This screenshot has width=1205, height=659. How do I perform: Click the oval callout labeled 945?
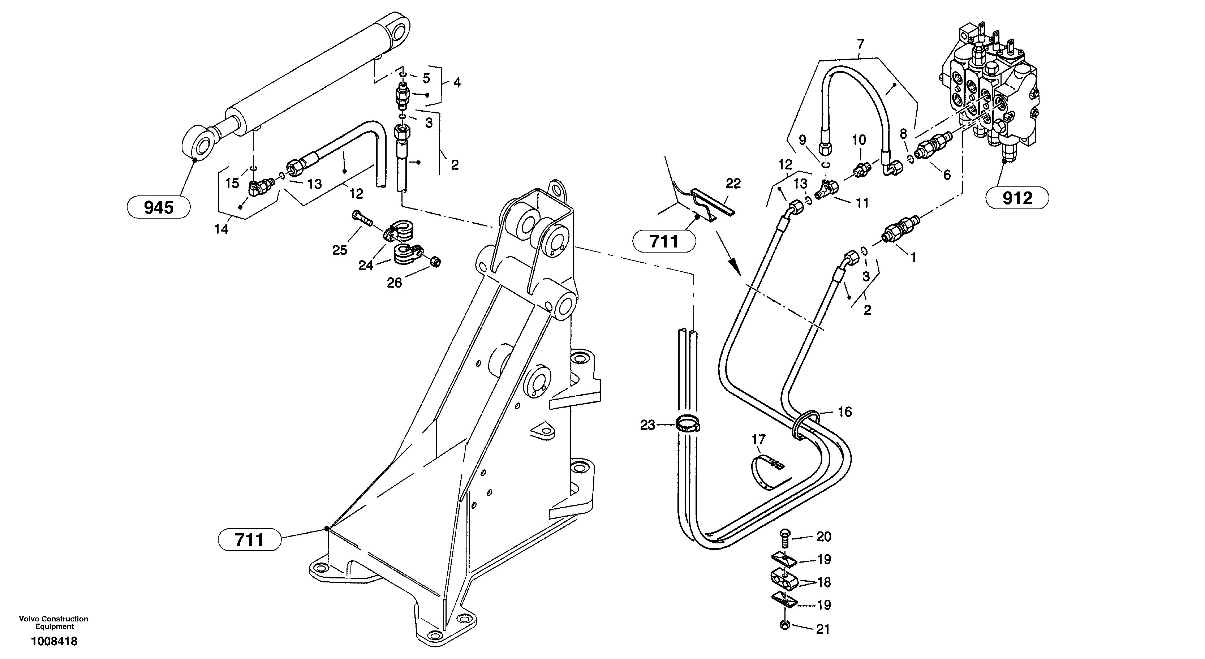[x=159, y=207]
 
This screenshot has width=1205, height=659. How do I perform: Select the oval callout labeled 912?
[x=1017, y=198]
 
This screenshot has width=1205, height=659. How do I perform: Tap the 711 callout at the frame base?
[x=249, y=540]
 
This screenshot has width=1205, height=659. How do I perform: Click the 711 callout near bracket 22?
[x=664, y=241]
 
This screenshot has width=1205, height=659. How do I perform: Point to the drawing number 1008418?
[x=54, y=641]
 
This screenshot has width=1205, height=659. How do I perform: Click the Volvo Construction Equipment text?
[x=53, y=623]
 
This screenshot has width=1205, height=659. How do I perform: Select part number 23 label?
[x=647, y=425]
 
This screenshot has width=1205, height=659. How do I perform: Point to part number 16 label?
[x=844, y=412]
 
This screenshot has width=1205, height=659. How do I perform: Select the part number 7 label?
[x=860, y=44]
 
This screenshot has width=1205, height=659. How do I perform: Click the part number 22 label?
[x=733, y=184]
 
